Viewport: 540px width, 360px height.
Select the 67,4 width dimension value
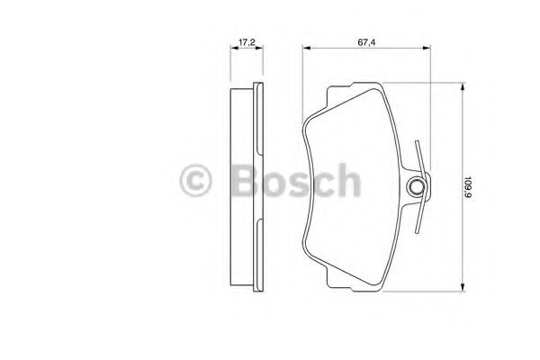(364, 41)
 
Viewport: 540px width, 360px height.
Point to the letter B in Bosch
(241, 180)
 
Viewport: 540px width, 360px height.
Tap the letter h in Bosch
(347, 180)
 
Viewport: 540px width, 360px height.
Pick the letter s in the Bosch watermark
(298, 183)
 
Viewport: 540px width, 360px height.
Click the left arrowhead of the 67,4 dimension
(305, 50)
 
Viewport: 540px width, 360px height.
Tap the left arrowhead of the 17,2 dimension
(233, 50)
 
